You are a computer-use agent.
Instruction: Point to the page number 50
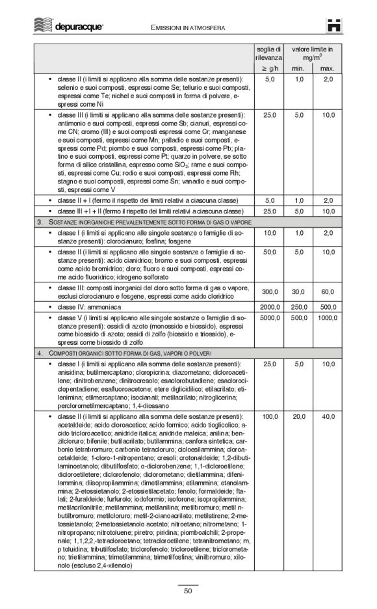pos(188,591)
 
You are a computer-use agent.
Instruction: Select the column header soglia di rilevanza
pos(268,53)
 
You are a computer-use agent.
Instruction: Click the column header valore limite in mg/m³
pos(313,53)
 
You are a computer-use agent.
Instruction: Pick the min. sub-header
pos(298,68)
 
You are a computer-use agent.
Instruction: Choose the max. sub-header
pos(328,68)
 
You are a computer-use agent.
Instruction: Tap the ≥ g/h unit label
pos(269,68)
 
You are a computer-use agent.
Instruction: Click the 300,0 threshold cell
pos(269,292)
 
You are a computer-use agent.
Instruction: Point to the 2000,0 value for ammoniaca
pos(269,307)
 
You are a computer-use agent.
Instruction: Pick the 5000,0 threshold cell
pos(269,318)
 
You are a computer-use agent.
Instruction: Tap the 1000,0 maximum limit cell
pos(328,318)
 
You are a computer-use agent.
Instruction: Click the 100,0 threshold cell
pos(269,415)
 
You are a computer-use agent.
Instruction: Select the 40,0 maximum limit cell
pos(328,415)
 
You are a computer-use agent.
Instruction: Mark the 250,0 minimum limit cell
pos(298,307)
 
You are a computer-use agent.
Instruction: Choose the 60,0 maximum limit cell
pos(328,292)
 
